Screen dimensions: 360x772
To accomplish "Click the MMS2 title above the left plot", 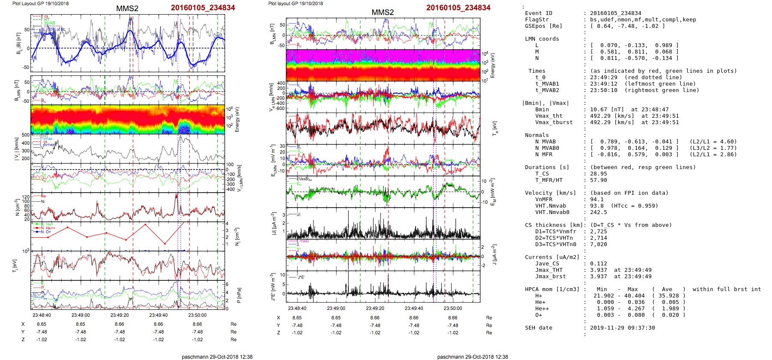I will [x=127, y=9].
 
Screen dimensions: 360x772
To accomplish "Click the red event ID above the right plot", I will [x=458, y=8].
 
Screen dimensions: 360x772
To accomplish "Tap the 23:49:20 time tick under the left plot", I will [x=119, y=315].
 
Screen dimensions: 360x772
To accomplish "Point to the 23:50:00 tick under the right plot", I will [x=453, y=308].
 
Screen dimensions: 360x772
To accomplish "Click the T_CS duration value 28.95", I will [x=598, y=174].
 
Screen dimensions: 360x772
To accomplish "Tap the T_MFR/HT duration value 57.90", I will [x=598, y=180].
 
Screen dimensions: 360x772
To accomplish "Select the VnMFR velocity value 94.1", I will [x=597, y=199].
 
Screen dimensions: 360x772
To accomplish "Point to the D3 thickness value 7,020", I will [x=598, y=244].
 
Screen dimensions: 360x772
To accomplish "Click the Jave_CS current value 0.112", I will [x=598, y=264].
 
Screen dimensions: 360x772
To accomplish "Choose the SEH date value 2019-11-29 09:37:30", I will [x=622, y=328].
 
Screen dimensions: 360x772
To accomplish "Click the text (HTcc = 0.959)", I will [x=634, y=206].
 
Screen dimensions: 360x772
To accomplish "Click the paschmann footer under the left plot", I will [x=217, y=357].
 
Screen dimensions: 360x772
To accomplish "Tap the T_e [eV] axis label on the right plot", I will [x=495, y=128].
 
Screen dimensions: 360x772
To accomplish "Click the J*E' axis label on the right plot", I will [x=272, y=287].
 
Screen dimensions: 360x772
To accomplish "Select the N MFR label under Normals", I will [x=543, y=155].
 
